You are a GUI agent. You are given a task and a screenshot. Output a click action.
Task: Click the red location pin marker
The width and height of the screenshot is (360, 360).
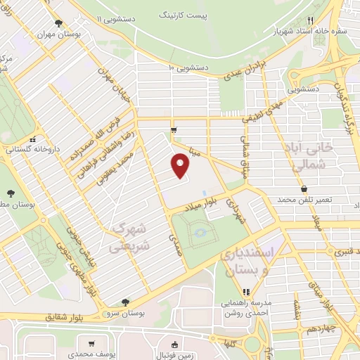181,167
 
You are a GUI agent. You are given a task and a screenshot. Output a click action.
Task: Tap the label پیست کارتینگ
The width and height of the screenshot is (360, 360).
184,14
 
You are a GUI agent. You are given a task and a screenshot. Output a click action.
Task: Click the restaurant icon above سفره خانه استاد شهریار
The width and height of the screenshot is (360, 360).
318,21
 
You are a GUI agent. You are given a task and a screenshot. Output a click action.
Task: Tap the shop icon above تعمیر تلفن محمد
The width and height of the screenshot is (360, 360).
304,190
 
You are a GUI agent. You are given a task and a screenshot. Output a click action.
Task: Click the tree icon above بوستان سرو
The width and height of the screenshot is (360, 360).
124,302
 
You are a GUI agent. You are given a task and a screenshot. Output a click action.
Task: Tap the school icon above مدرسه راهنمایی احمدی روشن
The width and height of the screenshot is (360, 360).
246,292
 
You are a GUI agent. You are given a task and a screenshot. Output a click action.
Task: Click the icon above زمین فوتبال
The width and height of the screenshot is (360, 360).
174,345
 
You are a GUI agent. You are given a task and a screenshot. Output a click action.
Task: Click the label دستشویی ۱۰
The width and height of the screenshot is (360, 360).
189,67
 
